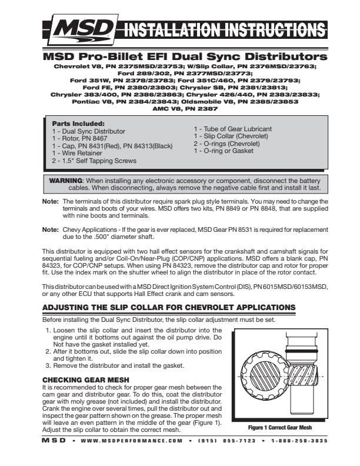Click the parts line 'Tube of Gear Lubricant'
pos(233,129)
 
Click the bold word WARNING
pos(66,180)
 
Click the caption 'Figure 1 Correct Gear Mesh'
pos(279,428)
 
